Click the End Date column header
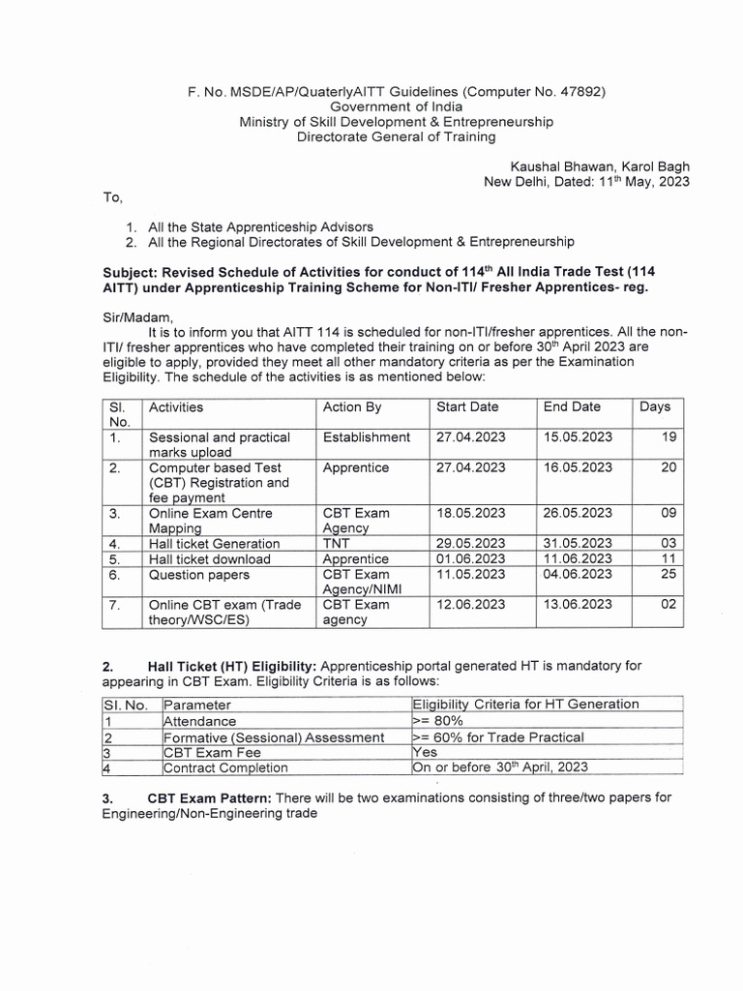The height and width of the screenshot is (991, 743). pos(572,407)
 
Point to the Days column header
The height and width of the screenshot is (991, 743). pos(655,407)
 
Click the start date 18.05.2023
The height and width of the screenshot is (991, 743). pos(471,513)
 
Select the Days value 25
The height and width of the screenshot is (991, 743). pos(669,574)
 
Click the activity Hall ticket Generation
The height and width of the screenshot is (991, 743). pos(214,544)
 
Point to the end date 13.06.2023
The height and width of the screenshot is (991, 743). pos(578,604)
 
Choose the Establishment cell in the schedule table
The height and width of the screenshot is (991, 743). pos(367,437)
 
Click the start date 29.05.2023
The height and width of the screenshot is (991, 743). pos(471,544)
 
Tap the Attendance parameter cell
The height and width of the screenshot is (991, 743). pos(199,721)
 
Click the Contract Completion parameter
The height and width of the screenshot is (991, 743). pos(225,767)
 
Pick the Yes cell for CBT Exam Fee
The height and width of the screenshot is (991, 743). pos(426,752)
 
